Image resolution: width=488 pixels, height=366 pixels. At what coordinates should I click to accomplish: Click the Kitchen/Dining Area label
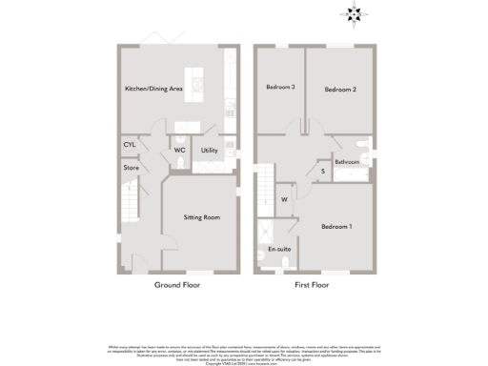[153, 89]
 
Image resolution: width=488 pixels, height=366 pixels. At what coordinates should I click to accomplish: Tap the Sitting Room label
[201, 217]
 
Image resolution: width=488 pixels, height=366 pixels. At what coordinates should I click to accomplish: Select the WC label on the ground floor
[178, 151]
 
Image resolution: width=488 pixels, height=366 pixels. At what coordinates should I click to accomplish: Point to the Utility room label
[210, 151]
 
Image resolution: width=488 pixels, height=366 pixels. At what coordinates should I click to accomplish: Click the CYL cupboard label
[130, 144]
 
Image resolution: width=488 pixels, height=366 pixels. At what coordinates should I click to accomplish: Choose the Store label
[131, 169]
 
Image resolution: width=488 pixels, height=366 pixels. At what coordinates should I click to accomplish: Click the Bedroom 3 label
[280, 88]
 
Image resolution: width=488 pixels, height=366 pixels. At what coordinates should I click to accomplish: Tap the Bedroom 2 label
[339, 90]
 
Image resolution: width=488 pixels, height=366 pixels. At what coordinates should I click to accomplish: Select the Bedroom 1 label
[336, 226]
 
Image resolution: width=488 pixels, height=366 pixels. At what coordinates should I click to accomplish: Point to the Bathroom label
[347, 162]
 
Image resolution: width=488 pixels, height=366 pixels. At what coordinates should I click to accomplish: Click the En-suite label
[278, 249]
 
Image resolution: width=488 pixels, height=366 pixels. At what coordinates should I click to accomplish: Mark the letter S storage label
[322, 172]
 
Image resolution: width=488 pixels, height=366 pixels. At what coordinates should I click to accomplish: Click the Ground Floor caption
[176, 284]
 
